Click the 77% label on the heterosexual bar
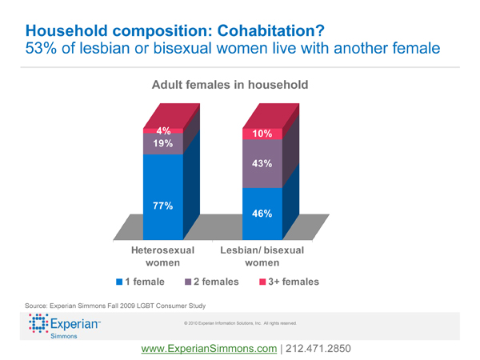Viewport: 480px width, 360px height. click(163, 206)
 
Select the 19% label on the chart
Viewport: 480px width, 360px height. click(163, 144)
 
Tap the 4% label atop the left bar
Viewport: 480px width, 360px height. click(163, 130)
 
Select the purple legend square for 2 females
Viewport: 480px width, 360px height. click(189, 282)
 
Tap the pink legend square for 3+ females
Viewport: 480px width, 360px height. click(262, 282)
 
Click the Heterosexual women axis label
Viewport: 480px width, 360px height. click(162, 257)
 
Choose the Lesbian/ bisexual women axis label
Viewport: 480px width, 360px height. click(262, 257)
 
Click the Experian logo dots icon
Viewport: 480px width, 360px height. click(38, 326)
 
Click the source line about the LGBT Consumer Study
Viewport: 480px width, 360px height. click(115, 305)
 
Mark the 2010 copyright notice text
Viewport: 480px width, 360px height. click(240, 323)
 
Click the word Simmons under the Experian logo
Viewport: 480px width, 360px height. click(64, 338)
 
